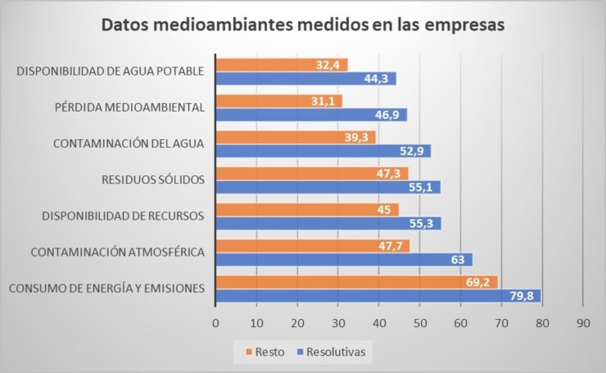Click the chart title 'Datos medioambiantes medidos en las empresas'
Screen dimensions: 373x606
303,24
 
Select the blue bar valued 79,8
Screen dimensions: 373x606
378,295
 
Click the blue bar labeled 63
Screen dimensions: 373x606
344,259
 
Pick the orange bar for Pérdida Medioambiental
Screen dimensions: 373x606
278,101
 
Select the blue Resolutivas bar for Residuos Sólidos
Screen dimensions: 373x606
328,187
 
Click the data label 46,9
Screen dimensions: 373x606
389,115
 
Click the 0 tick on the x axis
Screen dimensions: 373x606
215,322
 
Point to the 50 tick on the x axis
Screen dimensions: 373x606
419,322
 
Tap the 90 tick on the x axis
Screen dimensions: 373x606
582,322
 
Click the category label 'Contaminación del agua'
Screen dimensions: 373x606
128,143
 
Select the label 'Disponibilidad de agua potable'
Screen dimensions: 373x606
110,71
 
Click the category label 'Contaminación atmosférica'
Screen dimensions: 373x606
116,252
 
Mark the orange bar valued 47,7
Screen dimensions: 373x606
312,245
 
